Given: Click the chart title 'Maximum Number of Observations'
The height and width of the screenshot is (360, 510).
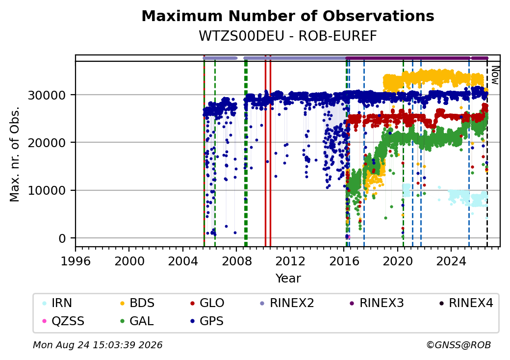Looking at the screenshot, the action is [x=288, y=16].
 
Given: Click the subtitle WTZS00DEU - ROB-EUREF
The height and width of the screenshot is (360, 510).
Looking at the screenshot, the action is [x=288, y=36].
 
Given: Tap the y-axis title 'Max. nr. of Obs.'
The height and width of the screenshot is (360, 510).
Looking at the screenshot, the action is [x=15, y=154].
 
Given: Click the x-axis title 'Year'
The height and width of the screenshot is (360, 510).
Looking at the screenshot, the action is [x=288, y=279].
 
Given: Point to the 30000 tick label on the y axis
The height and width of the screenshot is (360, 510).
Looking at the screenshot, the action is [x=47, y=95].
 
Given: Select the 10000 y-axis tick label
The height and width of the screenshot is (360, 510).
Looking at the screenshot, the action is [x=47, y=191].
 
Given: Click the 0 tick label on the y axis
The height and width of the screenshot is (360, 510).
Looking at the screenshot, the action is [x=62, y=238].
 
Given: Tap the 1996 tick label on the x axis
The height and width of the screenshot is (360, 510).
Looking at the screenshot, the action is [x=76, y=261].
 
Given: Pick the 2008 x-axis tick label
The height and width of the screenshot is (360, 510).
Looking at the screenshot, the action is [x=236, y=261].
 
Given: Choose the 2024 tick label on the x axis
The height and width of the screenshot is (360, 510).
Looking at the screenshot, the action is [x=451, y=261].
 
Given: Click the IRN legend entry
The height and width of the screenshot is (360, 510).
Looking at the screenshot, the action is [x=57, y=303].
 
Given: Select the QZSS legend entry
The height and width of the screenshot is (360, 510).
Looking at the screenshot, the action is [x=63, y=321].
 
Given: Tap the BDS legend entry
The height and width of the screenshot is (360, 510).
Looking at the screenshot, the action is [x=137, y=303].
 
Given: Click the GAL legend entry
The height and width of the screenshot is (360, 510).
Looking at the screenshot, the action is [x=137, y=321].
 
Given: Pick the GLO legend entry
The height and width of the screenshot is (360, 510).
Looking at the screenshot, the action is [x=207, y=303].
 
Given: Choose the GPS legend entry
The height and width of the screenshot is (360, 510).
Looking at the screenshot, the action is [x=207, y=321].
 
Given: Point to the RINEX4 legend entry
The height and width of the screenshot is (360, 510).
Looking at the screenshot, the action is [x=466, y=303].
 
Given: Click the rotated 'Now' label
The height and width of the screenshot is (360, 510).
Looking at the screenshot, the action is [x=495, y=75].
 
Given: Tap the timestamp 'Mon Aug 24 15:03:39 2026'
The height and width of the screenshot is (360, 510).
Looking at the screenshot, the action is [x=98, y=345].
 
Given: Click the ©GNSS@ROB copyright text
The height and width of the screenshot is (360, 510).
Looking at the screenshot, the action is [x=459, y=345].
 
